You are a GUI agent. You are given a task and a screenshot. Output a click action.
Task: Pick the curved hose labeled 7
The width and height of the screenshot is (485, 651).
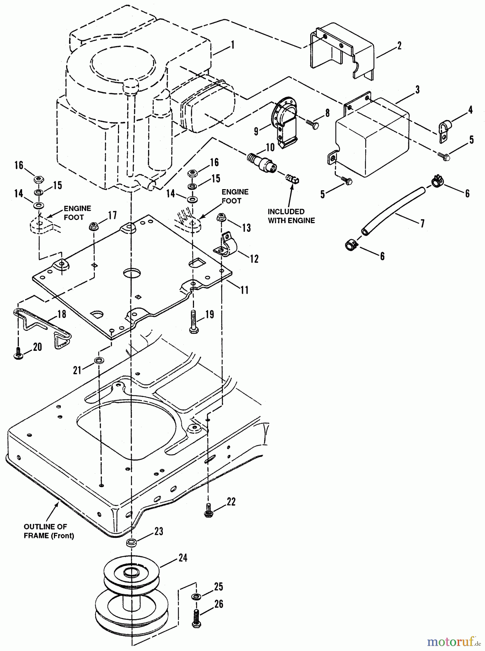click(x=393, y=209)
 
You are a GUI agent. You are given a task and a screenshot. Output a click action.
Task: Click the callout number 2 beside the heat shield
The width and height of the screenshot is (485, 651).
click(x=399, y=46)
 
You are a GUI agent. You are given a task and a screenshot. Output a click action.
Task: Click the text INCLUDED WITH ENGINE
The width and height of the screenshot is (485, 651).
click(x=291, y=216)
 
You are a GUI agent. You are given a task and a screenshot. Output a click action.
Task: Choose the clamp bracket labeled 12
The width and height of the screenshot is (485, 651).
click(x=227, y=244)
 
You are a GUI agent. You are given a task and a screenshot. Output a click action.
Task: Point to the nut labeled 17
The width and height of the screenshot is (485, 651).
click(x=94, y=227)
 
